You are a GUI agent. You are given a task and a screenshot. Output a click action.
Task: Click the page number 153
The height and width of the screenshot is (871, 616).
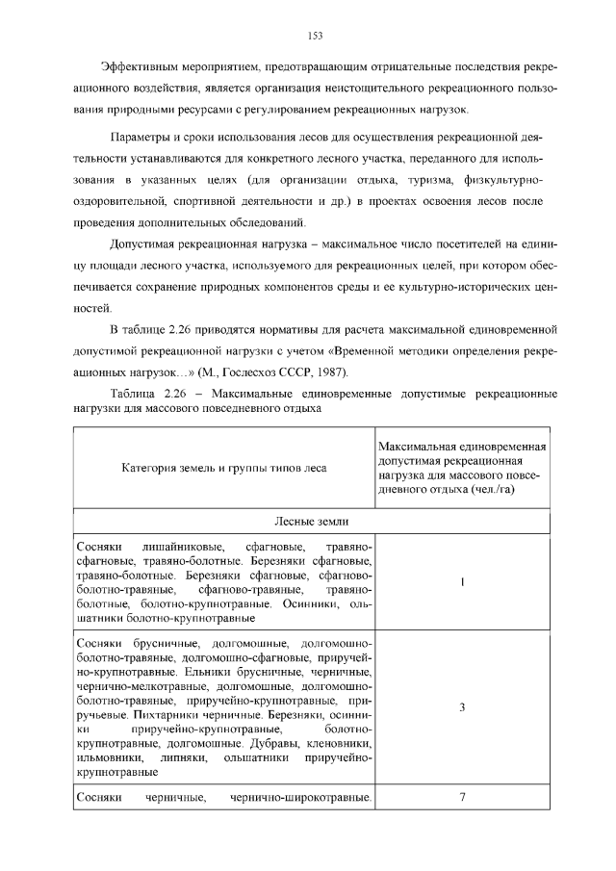coord(314,36)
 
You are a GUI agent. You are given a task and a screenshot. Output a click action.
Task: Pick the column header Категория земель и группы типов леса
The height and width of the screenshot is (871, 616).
coord(223,468)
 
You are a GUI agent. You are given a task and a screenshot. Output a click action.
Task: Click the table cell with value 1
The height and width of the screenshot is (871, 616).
coord(462,581)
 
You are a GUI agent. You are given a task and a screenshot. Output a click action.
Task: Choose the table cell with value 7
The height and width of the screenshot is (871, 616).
coord(462,798)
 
